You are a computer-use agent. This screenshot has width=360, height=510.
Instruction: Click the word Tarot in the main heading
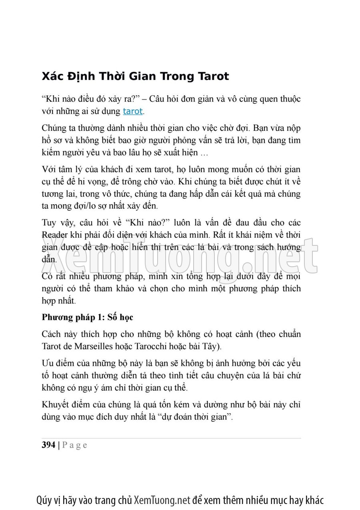tap(213, 76)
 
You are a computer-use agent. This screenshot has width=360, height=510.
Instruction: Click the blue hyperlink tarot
tap(132, 111)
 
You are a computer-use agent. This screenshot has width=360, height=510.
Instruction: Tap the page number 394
tap(48, 445)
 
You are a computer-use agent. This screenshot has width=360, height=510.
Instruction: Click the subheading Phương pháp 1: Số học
tap(87, 317)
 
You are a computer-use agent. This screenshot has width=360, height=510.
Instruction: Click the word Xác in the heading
tap(53, 76)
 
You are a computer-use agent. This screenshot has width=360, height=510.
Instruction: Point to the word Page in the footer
tap(75, 445)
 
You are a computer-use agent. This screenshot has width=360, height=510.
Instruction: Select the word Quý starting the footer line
tap(43, 500)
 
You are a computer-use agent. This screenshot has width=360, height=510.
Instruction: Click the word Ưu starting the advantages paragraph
tap(47, 363)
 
